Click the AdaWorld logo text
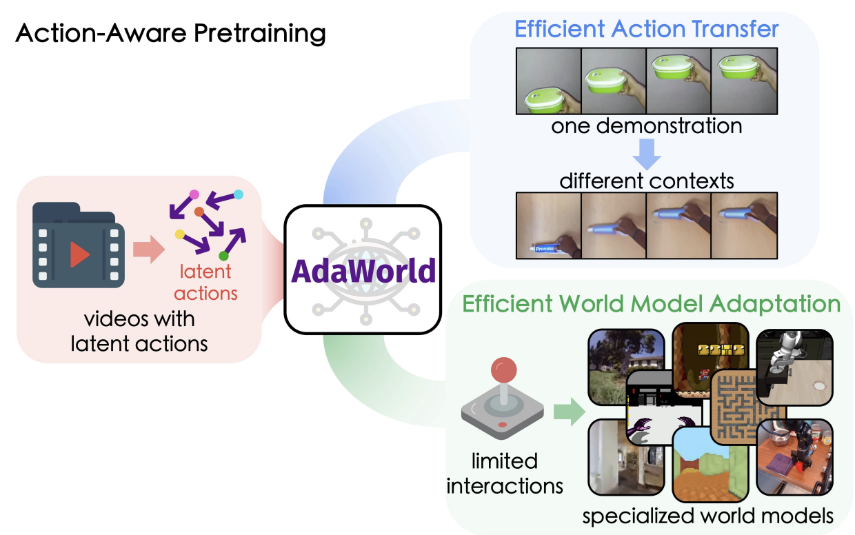coord(363,270)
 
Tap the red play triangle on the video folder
coord(79,254)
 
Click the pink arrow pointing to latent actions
coord(149,250)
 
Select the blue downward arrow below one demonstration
coord(647,154)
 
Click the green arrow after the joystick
coord(569,412)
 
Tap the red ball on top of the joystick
coord(504,370)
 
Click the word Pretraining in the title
coord(259,34)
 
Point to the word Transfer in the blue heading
coord(735,29)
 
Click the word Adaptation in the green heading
coord(775,305)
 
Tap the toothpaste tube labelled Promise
coord(545,249)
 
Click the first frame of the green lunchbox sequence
coord(548,81)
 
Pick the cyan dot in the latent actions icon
coord(238,194)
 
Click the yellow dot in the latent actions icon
coord(179,234)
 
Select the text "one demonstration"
coord(647,126)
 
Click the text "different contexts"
coord(647,181)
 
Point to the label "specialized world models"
coord(707,516)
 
